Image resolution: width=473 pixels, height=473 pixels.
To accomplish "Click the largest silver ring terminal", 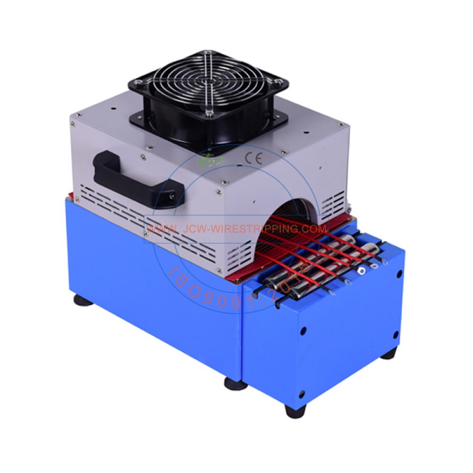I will tap(362, 272).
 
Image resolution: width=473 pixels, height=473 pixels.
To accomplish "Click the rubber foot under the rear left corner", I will tap(83, 300).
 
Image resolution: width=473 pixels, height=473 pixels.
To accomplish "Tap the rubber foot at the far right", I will tap(389, 353).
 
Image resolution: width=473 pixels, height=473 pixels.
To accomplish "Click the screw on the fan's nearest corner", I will tap(209, 112).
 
